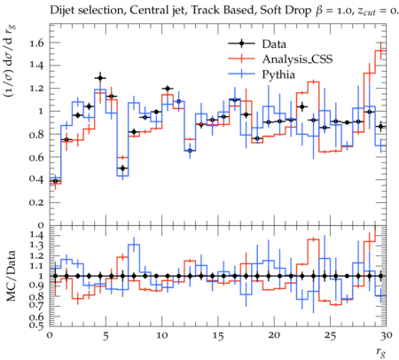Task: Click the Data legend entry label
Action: (274, 44)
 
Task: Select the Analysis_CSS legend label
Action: (297, 59)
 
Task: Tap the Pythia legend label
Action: (278, 74)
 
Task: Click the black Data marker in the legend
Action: (241, 43)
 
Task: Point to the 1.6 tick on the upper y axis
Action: (36, 43)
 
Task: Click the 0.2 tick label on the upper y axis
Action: (36, 203)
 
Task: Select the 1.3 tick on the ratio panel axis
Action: (36, 246)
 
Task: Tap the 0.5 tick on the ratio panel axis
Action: (36, 325)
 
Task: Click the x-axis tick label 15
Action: (218, 335)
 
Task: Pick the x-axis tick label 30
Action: (387, 335)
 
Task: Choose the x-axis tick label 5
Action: (106, 335)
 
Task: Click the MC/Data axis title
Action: (11, 276)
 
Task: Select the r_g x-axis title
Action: (381, 352)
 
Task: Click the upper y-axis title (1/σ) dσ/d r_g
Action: (11, 61)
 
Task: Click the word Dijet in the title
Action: (60, 11)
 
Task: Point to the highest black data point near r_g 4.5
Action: (100, 78)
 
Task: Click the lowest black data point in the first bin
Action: (55, 181)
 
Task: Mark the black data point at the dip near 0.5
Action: (122, 168)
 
